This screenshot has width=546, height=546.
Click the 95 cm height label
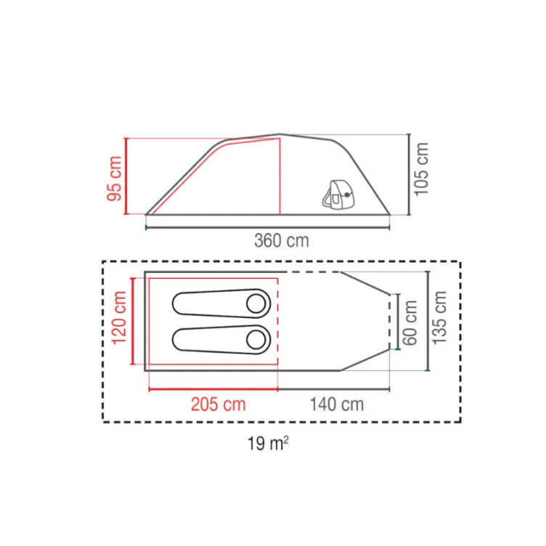[x=115, y=179]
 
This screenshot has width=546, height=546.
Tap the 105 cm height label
[x=421, y=169]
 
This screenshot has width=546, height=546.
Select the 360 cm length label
[x=282, y=240]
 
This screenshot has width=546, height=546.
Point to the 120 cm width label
[x=119, y=318]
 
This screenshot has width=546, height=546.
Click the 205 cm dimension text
[x=219, y=404]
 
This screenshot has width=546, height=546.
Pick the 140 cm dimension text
[x=337, y=404]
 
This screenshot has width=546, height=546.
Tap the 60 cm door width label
[x=409, y=323]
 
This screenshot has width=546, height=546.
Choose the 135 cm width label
[x=439, y=318]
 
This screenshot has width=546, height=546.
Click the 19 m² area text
[x=268, y=444]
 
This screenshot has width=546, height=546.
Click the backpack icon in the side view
[x=337, y=195]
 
